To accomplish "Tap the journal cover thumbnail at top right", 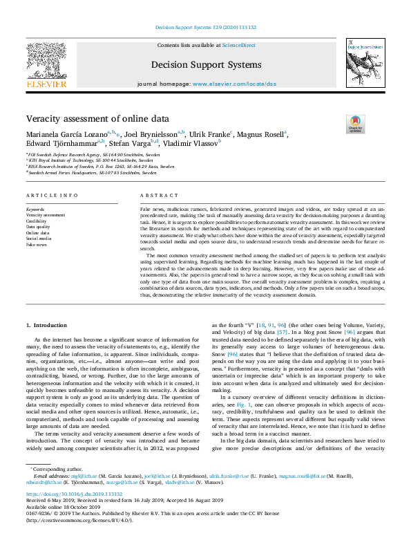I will [363, 63].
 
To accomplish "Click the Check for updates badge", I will [355, 124].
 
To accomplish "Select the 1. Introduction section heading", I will [47, 324].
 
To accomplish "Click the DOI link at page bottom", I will [74, 494].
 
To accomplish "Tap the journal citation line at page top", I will [205, 29].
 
